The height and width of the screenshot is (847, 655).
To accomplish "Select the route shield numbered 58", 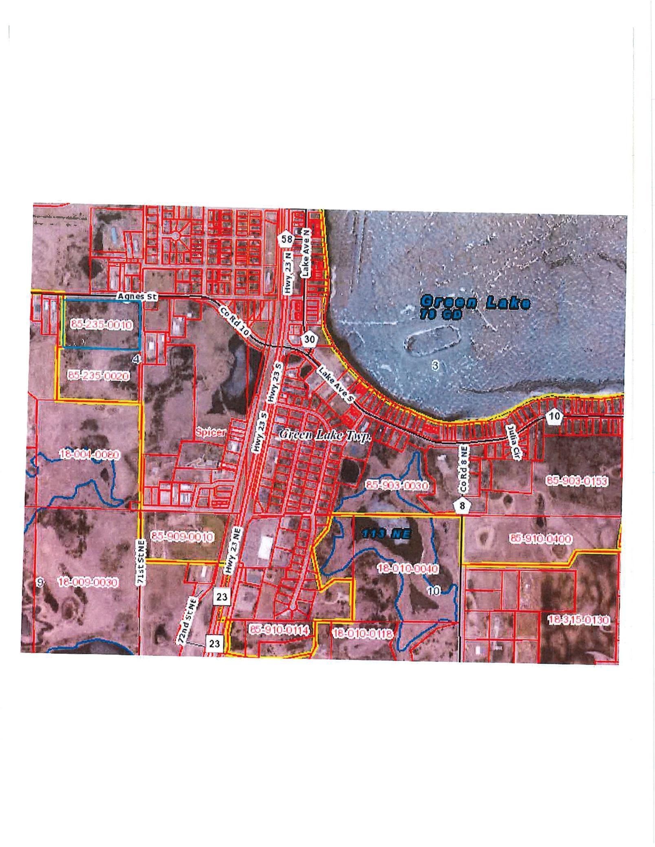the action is pyautogui.click(x=287, y=239).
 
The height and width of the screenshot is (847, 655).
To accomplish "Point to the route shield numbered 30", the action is pyautogui.click(x=309, y=338).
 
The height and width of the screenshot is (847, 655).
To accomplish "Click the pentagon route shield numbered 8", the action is pyautogui.click(x=462, y=506).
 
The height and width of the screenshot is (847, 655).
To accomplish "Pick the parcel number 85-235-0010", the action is pyautogui.click(x=101, y=325).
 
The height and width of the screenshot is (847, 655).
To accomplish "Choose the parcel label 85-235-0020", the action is pyautogui.click(x=99, y=375).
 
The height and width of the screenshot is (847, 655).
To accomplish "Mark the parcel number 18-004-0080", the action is pyautogui.click(x=90, y=454).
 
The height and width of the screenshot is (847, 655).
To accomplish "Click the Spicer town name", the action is pyautogui.click(x=210, y=432).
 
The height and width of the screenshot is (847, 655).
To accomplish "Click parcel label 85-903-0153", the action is pyautogui.click(x=576, y=481).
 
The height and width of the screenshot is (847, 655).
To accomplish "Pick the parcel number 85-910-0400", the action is pyautogui.click(x=540, y=539).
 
